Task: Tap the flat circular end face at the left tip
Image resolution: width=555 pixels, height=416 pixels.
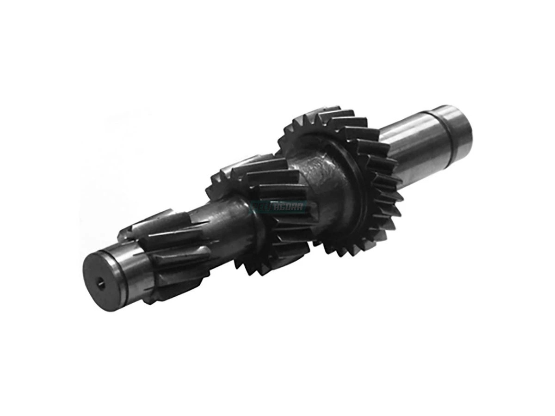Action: tap(103, 281)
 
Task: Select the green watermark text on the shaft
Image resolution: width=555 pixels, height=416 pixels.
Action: tap(280, 207)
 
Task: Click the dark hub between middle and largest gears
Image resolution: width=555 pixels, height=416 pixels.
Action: tap(319, 185)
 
